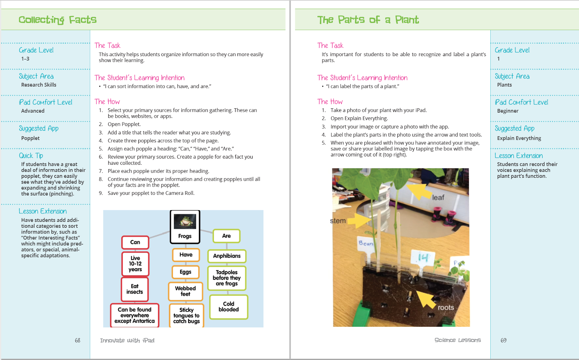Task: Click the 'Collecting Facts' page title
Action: pos(58,20)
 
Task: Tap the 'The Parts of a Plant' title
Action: pos(368,20)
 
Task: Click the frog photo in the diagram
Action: pos(185,221)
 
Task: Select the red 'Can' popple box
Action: pos(135,242)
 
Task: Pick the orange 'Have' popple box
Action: pos(186,255)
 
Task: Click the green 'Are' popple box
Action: pos(227,236)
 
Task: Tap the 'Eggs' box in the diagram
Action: pos(185,272)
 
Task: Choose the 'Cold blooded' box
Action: pos(229,307)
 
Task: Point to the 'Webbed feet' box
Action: pos(185,291)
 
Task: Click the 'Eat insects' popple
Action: pos(135,289)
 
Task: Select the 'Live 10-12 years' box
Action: pos(135,264)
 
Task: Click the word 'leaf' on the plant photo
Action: pos(438,198)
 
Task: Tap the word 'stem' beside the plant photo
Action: pos(338,221)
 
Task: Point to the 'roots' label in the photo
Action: pos(445,307)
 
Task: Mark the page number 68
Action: pos(77,340)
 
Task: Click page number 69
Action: pos(503,340)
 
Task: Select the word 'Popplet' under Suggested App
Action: pos(30,138)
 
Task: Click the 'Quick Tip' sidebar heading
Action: pos(31,156)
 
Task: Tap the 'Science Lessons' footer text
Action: pos(457,340)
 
